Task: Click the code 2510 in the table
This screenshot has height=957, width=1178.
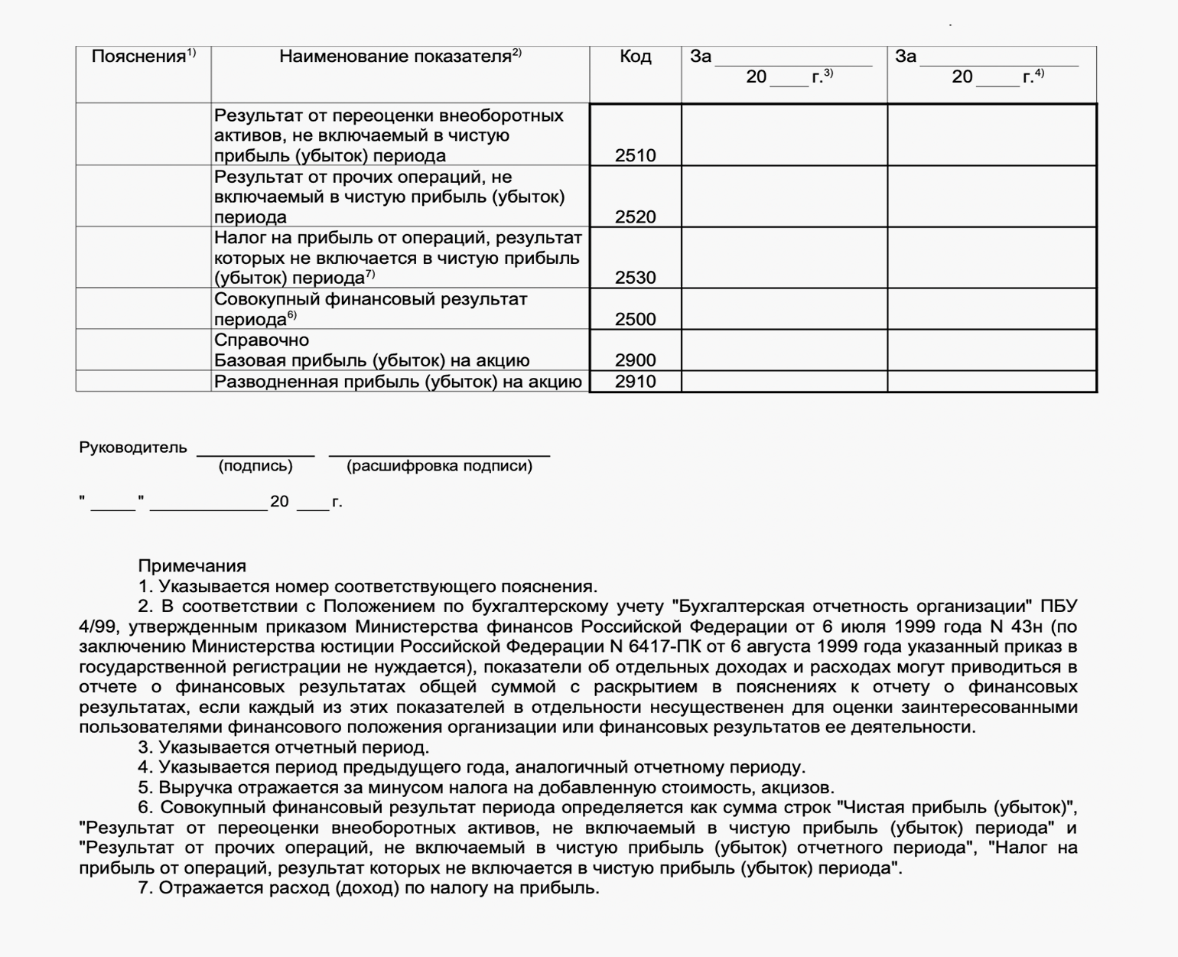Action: click(x=635, y=155)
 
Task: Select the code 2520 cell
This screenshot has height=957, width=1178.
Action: click(x=635, y=216)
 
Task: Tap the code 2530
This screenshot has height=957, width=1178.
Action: click(x=635, y=278)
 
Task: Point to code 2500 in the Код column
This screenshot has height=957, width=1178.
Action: click(x=635, y=319)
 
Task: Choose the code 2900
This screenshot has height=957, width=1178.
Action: click(x=635, y=360)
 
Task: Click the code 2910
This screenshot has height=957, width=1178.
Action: click(x=635, y=381)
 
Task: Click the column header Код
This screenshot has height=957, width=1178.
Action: click(x=635, y=57)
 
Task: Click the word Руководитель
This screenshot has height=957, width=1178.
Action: click(x=132, y=448)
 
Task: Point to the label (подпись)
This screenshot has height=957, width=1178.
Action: click(x=255, y=466)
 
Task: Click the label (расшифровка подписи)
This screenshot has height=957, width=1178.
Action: click(x=439, y=466)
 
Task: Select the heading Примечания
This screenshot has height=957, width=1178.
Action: click(x=192, y=566)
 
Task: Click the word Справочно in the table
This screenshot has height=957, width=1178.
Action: click(x=262, y=340)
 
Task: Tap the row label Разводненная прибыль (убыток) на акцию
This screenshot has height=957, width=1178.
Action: click(x=398, y=381)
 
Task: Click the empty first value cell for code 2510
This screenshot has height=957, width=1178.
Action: click(x=784, y=135)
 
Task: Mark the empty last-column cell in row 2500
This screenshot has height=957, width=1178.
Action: click(x=991, y=309)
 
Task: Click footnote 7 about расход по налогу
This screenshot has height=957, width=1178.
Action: click(x=369, y=888)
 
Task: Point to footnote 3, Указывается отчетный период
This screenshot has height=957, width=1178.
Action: click(x=284, y=747)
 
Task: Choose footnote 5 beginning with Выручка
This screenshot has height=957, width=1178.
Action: click(x=486, y=787)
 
